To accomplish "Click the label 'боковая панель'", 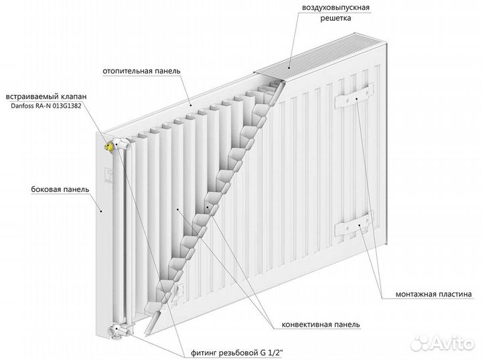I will click(60, 189).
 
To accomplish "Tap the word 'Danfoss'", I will click(22, 106).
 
